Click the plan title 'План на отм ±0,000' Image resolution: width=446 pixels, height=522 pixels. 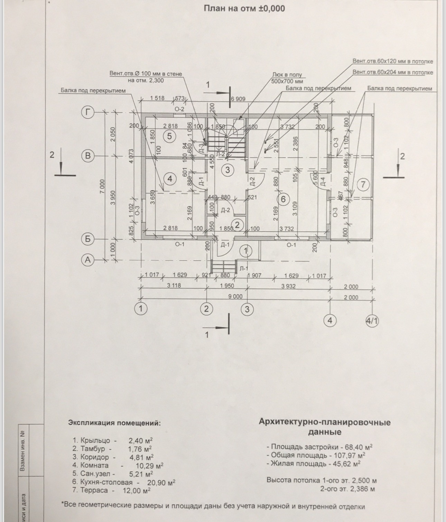pyautogui.click(x=244, y=8)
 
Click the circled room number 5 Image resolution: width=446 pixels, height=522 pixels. pyautogui.click(x=169, y=136)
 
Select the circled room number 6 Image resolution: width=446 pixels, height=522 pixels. pyautogui.click(x=284, y=199)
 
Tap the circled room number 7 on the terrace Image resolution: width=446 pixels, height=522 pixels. pyautogui.click(x=363, y=184)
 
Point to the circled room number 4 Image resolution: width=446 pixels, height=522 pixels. pyautogui.click(x=169, y=179)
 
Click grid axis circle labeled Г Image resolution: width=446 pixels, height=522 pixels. pyautogui.click(x=88, y=113)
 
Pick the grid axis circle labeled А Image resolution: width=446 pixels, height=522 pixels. pyautogui.click(x=88, y=260)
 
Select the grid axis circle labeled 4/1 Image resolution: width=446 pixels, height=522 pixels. pyautogui.click(x=372, y=321)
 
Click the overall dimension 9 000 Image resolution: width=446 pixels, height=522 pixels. pyautogui.click(x=235, y=297)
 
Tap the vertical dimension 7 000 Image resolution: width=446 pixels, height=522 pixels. pyautogui.click(x=102, y=187)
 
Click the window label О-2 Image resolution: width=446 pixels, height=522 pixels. pyautogui.click(x=179, y=109)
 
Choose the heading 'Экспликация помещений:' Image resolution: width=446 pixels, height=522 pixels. pyautogui.click(x=114, y=423)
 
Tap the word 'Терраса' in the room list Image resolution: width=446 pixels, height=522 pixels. pyautogui.click(x=94, y=491)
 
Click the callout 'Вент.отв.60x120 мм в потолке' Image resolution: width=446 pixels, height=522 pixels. pyautogui.click(x=392, y=62)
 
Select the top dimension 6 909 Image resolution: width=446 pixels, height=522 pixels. pyautogui.click(x=238, y=99)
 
